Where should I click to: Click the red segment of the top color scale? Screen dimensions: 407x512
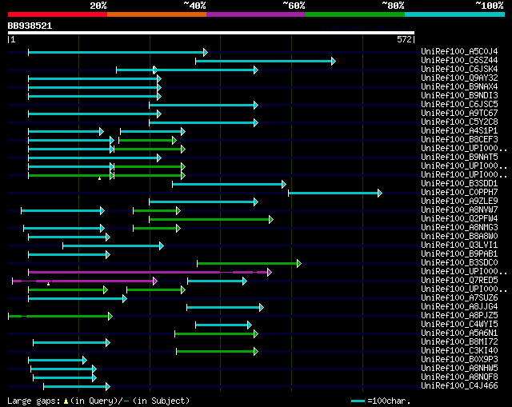tap(56, 14)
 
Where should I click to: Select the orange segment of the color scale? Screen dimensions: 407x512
tap(156, 14)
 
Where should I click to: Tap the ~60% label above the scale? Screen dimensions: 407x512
tap(294, 6)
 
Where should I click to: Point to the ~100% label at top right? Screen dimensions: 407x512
tap(489, 6)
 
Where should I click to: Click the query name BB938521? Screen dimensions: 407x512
tap(30, 26)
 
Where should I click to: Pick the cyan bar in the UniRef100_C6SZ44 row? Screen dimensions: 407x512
tap(265, 61)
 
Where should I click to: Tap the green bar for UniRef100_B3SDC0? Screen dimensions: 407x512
tap(248, 263)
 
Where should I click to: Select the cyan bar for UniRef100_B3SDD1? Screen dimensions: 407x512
tap(228, 184)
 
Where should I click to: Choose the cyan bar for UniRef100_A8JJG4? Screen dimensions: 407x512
tap(224, 307)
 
